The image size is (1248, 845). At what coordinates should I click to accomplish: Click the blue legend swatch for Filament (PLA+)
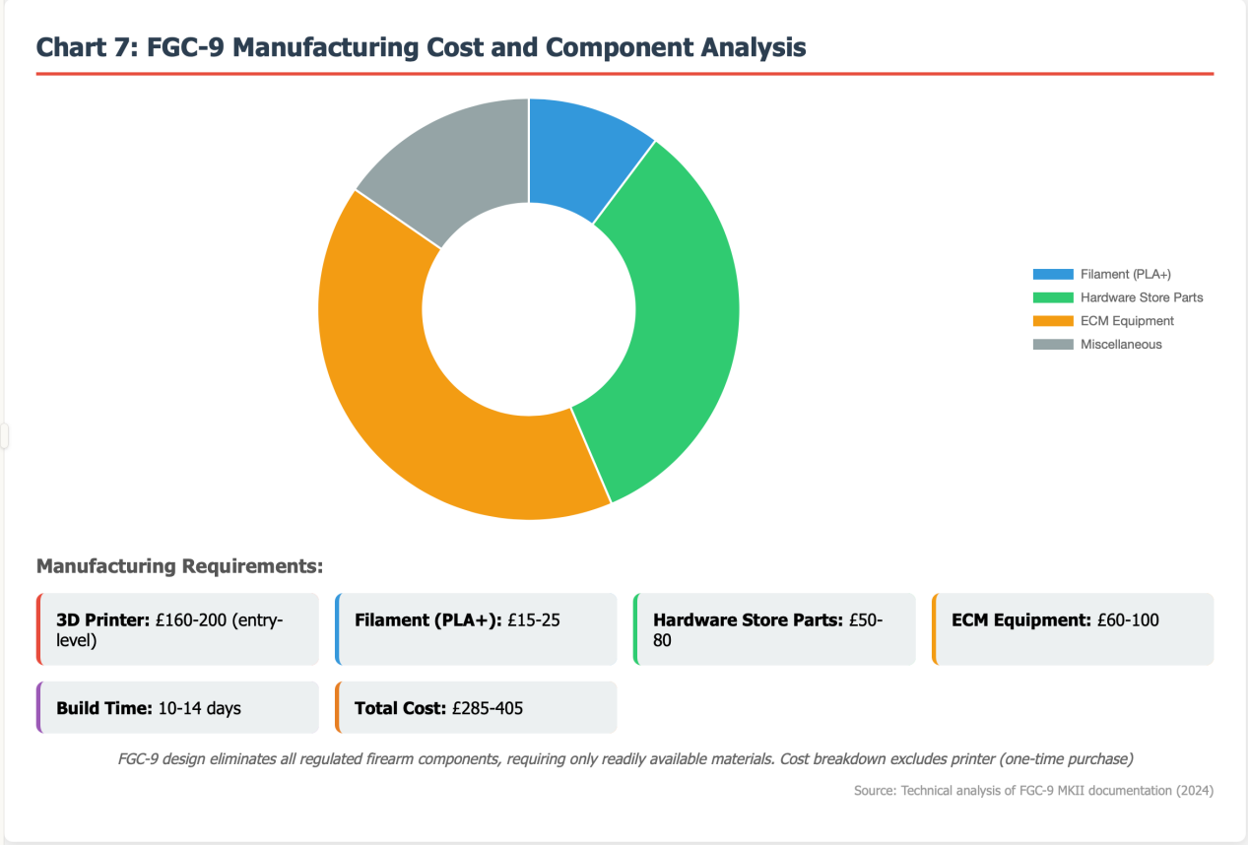(1052, 274)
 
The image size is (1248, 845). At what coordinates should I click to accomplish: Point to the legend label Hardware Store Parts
(1141, 297)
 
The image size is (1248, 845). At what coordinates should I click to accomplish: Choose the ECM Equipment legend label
(1127, 321)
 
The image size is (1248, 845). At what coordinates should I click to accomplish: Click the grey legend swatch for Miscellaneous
(1052, 345)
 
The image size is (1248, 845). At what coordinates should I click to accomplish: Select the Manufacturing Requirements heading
(179, 567)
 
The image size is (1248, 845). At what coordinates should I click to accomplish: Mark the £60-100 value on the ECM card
(1128, 620)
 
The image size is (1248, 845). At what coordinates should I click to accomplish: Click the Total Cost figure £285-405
(487, 708)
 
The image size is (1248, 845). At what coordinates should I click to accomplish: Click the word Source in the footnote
(875, 791)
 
